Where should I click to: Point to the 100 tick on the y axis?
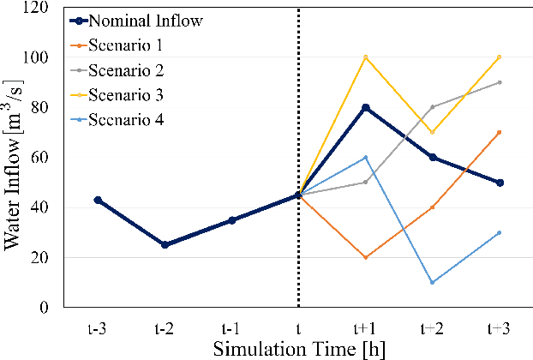(40, 57)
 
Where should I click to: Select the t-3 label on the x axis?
(97, 327)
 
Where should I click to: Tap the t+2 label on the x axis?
(432, 327)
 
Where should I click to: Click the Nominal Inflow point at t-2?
(164, 245)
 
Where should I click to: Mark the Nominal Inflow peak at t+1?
(365, 107)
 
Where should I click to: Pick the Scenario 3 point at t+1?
(365, 57)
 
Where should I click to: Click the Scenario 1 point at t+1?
(365, 258)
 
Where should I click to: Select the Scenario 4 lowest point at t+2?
(432, 283)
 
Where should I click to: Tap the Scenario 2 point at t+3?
(499, 82)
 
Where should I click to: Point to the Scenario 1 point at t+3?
(499, 132)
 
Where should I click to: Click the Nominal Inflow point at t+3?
(499, 183)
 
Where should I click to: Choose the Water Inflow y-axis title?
(14, 159)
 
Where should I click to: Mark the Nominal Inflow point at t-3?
(97, 200)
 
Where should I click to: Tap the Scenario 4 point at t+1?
(365, 158)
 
